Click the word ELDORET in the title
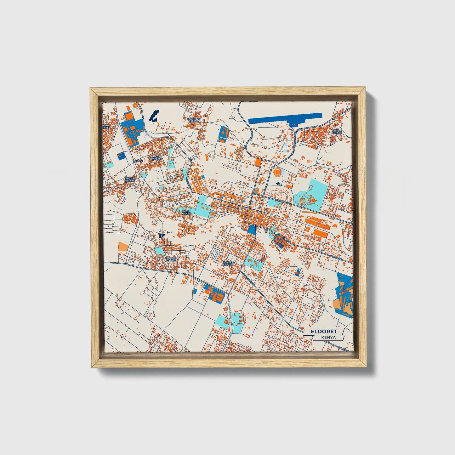[x=324, y=332]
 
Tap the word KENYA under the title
[x=328, y=338]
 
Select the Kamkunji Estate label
[x=193, y=120]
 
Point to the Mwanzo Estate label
[x=155, y=157]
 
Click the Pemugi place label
[x=138, y=161]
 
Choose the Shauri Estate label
[x=130, y=179]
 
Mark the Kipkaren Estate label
[x=171, y=259]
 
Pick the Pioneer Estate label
[x=227, y=263]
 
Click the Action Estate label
[x=337, y=131]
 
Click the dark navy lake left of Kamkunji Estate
[x=154, y=116]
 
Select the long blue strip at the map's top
[x=285, y=119]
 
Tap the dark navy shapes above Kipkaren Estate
[x=161, y=235]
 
